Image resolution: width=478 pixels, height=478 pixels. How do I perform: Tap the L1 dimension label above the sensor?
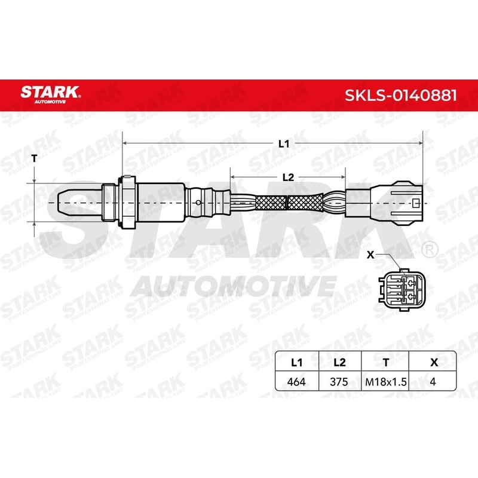(284, 144)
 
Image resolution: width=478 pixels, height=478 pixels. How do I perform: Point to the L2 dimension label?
(288, 177)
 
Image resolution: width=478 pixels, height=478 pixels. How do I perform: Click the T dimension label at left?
(35, 158)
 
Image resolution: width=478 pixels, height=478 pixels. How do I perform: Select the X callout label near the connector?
(370, 254)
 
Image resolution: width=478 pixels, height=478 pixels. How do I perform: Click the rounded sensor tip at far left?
(69, 203)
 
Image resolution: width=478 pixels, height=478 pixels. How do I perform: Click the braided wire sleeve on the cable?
(287, 203)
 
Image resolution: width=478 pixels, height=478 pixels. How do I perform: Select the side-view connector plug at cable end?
(385, 203)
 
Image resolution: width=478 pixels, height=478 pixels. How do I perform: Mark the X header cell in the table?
(433, 362)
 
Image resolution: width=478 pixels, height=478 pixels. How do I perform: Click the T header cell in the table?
(387, 362)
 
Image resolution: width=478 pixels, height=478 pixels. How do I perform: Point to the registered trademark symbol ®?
(428, 247)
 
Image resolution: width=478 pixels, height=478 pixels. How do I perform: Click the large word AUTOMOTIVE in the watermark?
(233, 286)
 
